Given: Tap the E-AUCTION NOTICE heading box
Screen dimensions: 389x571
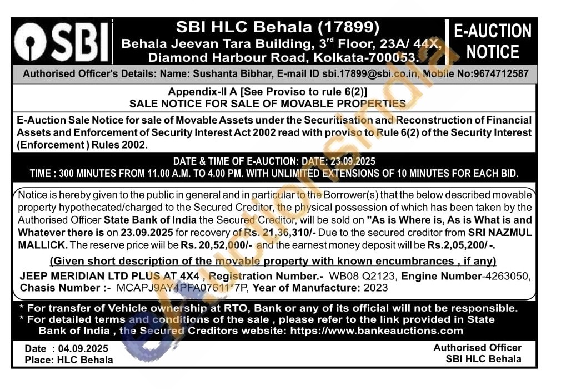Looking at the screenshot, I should pos(492,42).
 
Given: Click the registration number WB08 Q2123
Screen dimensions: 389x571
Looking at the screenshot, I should pos(370,276).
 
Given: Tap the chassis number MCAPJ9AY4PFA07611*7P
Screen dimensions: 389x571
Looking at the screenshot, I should pos(183,288).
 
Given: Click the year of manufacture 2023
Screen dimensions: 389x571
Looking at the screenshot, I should pos(376,288).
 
